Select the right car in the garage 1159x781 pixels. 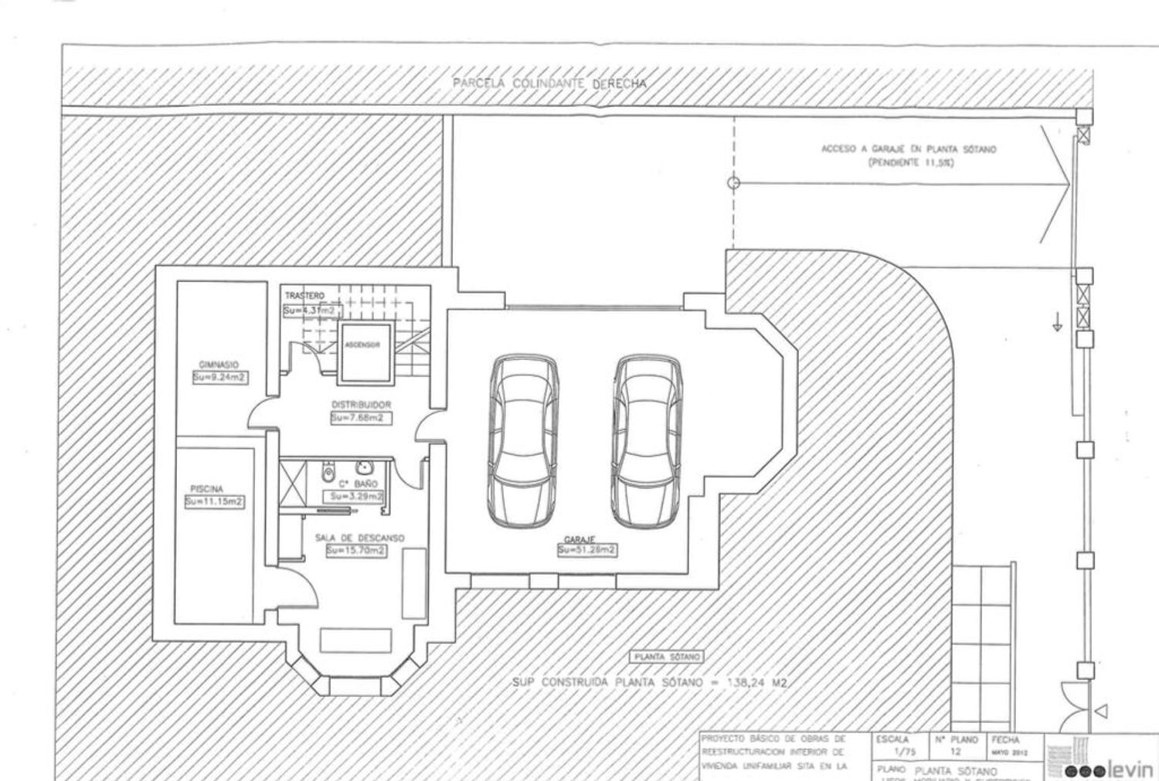[647, 441]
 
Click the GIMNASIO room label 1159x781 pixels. [219, 365]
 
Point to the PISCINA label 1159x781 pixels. [206, 489]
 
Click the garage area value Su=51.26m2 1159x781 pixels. [587, 550]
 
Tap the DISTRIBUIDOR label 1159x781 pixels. [361, 405]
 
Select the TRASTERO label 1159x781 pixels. [304, 296]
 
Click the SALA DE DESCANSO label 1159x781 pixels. [359, 538]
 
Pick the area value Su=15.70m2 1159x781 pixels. [356, 551]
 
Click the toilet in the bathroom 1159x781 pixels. [328, 470]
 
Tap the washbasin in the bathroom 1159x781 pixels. [363, 467]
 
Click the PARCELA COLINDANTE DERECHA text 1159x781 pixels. [549, 83]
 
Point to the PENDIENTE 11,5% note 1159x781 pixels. [909, 163]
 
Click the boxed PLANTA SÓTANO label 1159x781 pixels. [668, 657]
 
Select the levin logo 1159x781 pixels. [1109, 769]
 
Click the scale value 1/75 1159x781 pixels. [902, 752]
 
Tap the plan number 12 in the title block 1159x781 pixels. [956, 752]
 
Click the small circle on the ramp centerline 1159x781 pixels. [734, 183]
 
